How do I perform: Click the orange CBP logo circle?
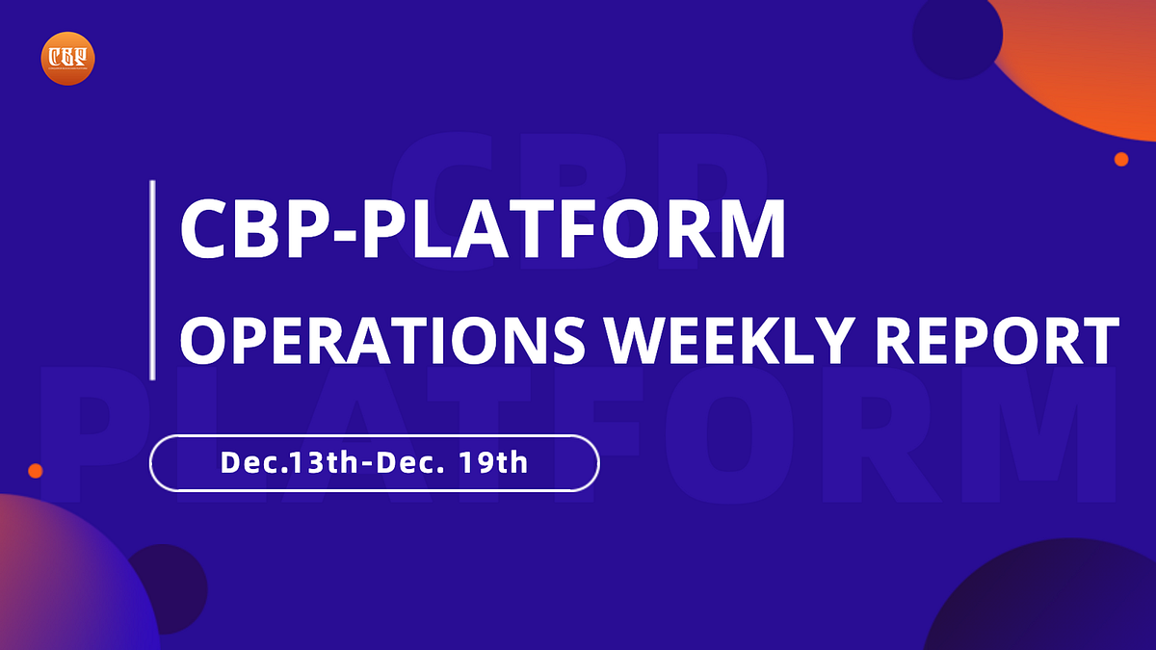pos(67,58)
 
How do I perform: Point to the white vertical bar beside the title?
pos(153,279)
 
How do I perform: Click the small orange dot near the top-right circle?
pos(1121,159)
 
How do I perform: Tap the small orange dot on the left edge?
pos(36,471)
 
